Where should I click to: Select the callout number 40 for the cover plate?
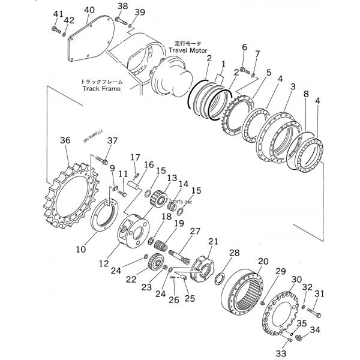89,10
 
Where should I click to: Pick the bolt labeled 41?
56,28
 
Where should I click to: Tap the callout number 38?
122,6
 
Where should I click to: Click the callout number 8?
306,94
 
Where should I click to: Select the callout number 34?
315,329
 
